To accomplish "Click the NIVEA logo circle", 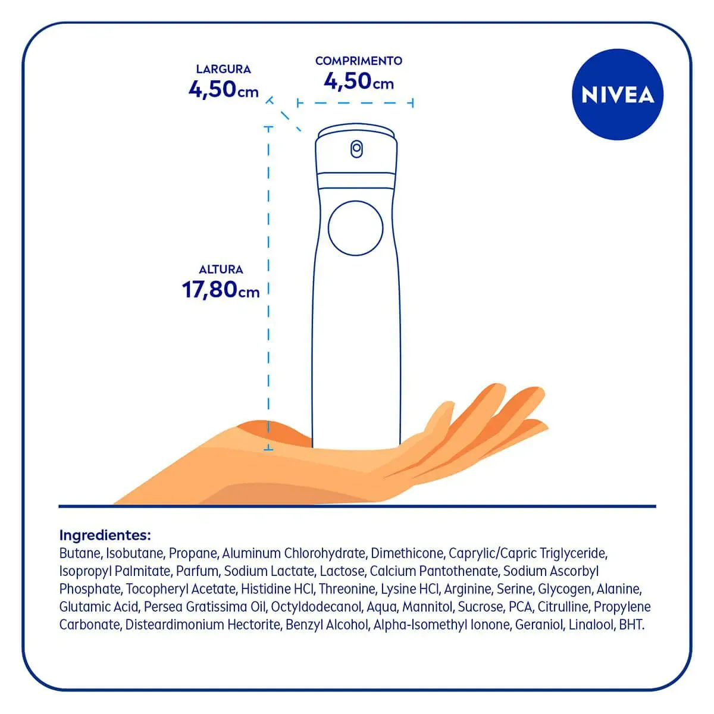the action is coord(617,95).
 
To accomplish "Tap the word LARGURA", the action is coord(224,69).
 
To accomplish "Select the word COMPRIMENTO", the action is coord(359,61).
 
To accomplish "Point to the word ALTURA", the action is coord(221,270).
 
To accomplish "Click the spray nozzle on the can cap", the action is coord(356,149).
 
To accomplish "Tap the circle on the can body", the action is coord(355,228).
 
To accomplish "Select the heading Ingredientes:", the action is coord(105,535).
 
